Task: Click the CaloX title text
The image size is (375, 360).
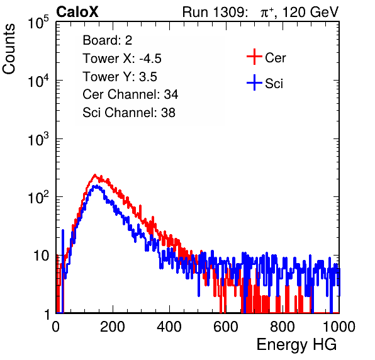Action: click(x=77, y=12)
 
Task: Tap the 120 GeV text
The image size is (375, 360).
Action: click(x=310, y=12)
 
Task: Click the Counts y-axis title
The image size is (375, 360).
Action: click(x=9, y=48)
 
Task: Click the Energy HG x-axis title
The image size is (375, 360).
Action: click(x=296, y=345)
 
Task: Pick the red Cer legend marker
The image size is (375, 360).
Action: click(x=254, y=57)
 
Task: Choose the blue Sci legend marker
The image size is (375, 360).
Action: click(x=254, y=83)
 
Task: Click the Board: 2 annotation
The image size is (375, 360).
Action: click(x=108, y=40)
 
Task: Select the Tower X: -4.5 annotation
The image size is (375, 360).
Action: click(x=122, y=59)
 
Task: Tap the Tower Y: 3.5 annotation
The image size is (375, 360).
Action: click(x=120, y=77)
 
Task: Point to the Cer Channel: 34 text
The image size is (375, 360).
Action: click(x=130, y=94)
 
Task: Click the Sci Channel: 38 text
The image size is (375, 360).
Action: click(x=129, y=113)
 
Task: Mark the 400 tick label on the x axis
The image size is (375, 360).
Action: click(x=169, y=327)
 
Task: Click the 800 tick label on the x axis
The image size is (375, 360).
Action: click(x=283, y=327)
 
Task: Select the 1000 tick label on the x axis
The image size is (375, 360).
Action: click(x=339, y=327)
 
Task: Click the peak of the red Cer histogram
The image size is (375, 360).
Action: click(x=95, y=175)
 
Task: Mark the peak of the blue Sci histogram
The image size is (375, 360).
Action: click(x=96, y=186)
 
